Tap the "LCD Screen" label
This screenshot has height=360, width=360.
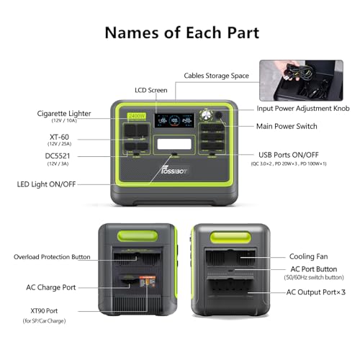pos(151,90)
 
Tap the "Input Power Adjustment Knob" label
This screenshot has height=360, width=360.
pos(303,109)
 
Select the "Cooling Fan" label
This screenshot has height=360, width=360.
pos(310,256)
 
